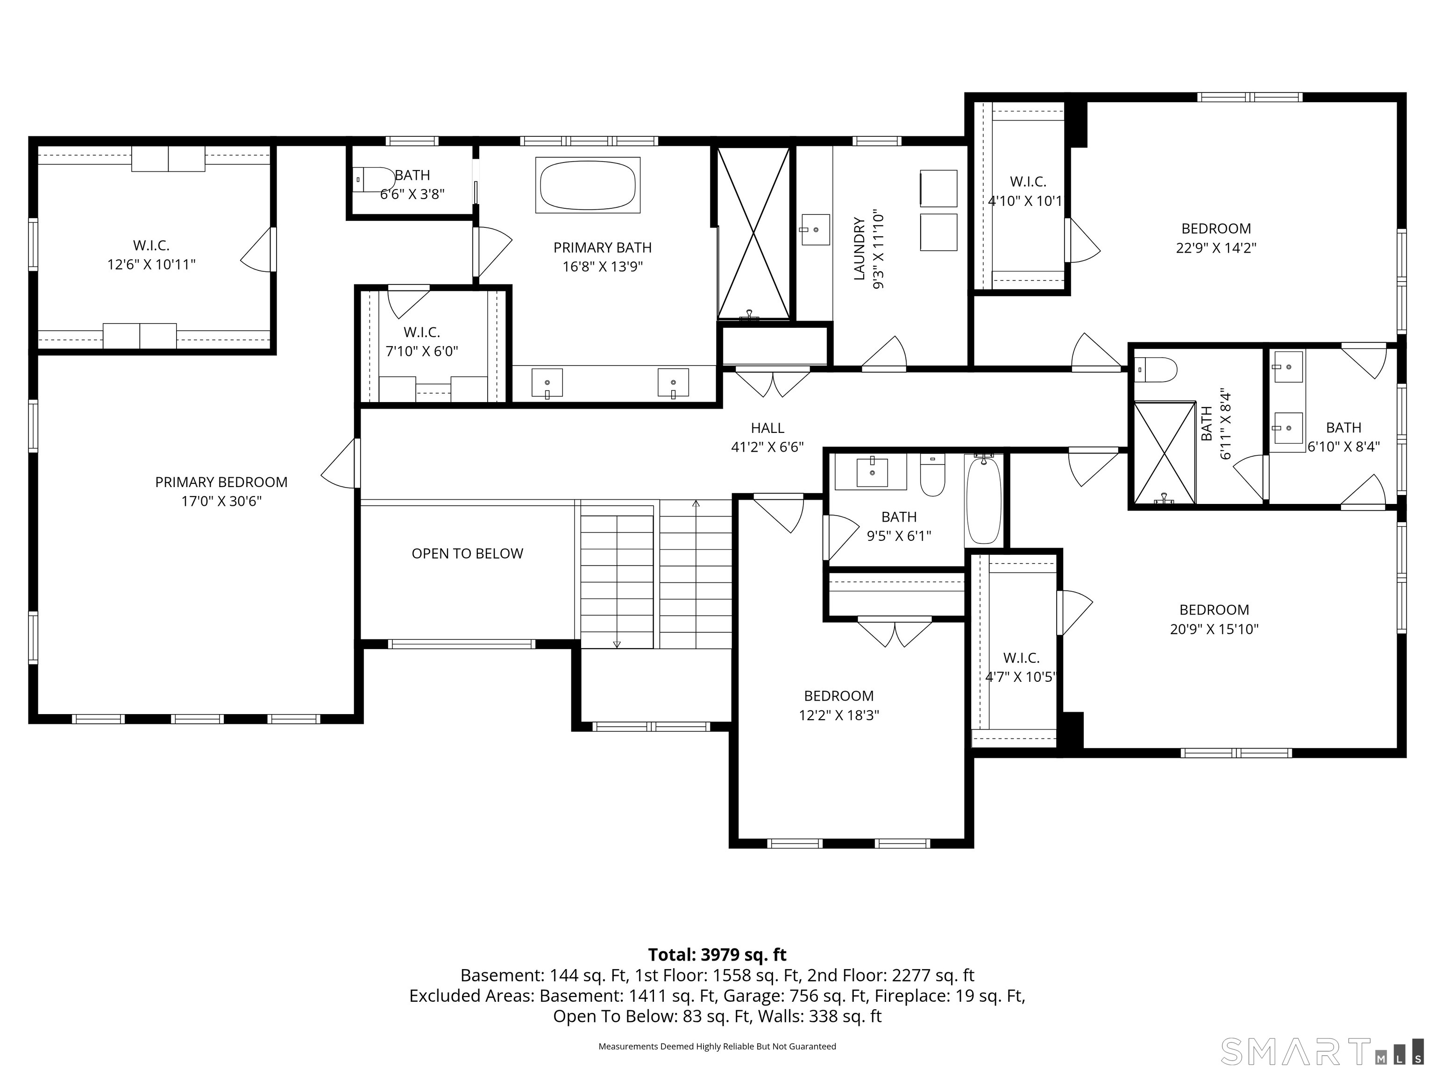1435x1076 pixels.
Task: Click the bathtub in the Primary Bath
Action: (x=587, y=185)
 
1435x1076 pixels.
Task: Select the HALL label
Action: (x=767, y=428)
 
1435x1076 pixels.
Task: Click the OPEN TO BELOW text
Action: (x=467, y=553)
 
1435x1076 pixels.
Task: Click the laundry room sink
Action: (x=816, y=230)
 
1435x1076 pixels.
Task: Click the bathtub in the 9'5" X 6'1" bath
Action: (x=983, y=499)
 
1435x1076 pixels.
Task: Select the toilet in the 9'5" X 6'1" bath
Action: (x=932, y=475)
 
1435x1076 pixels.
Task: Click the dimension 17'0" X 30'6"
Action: (x=221, y=501)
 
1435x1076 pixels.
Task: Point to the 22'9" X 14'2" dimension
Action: (x=1216, y=248)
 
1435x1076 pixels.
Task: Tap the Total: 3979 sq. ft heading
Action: (x=717, y=955)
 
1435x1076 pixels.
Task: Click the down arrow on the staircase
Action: (x=616, y=644)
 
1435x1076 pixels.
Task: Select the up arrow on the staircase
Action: (x=696, y=503)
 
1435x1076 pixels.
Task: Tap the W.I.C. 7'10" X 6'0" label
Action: (x=422, y=341)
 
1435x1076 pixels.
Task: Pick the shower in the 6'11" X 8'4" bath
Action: (x=1164, y=453)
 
